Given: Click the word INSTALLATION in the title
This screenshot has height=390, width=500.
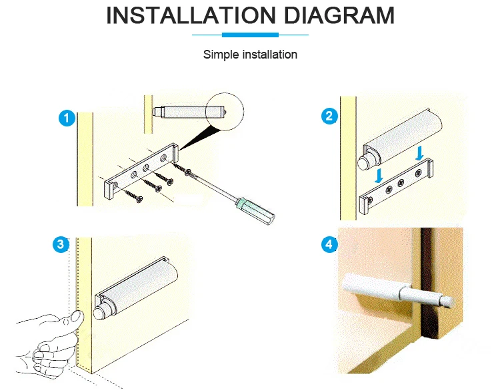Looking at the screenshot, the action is click(191, 15).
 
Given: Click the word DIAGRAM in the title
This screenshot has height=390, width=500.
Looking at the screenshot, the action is click(339, 15).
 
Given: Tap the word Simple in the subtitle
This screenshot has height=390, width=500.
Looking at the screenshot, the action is click(221, 55).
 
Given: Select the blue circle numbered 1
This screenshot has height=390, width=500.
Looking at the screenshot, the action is click(67, 118).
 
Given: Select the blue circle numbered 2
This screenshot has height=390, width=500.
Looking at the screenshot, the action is click(329, 116).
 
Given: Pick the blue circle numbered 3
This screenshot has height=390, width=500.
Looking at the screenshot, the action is click(61, 244).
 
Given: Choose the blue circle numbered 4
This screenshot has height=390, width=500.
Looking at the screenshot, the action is click(329, 244).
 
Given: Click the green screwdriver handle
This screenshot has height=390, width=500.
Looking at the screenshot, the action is click(255, 210).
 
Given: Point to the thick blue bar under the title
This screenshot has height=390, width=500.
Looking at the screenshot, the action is click(250, 35).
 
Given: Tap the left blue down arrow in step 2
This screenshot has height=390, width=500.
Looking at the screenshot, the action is click(379, 176).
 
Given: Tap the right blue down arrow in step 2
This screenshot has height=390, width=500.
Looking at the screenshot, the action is click(419, 153).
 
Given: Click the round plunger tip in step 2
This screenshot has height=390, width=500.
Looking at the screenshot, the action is click(363, 162).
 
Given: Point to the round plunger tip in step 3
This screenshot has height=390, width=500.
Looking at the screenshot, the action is click(99, 313).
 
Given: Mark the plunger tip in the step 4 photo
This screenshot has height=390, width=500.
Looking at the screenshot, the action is click(448, 301).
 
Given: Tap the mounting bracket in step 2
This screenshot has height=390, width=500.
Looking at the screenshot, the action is click(397, 186).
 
